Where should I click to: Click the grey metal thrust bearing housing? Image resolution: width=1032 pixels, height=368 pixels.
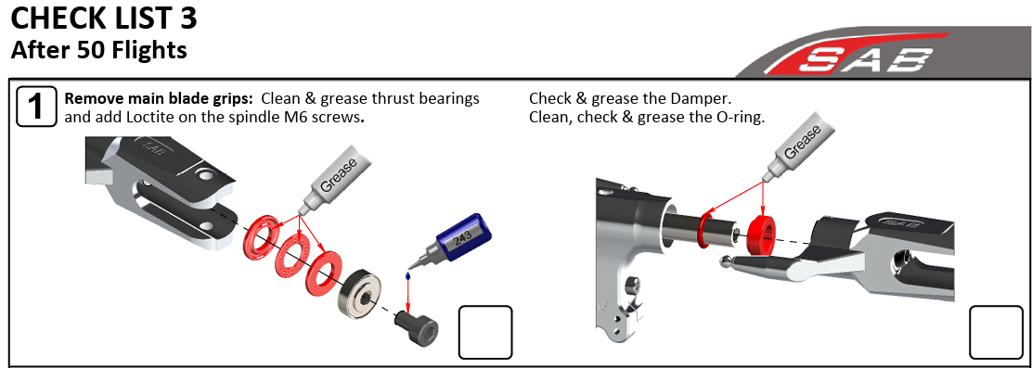(x=361, y=294)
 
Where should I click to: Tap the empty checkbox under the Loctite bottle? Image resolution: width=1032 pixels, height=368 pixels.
(x=485, y=333)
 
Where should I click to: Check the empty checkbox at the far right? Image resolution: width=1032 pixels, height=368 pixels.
(x=996, y=333)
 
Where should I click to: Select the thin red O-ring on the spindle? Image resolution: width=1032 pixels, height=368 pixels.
(x=706, y=229)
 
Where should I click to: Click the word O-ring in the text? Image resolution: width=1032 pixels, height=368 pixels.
(x=740, y=119)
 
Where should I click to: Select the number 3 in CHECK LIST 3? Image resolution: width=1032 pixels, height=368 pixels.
(x=187, y=19)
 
